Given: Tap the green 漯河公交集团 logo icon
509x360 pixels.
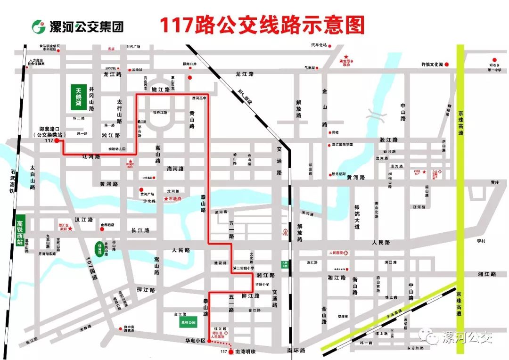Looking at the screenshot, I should tap(39, 26).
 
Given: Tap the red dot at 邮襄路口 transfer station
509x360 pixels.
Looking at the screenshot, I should tap(57, 141).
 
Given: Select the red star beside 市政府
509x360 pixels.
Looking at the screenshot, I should tap(166, 199).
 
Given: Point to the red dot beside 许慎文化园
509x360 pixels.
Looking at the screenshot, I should tap(447, 64).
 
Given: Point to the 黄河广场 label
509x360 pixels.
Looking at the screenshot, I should tap(148, 194).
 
